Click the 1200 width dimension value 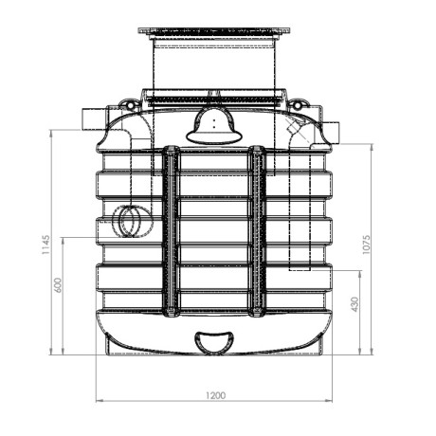click(x=215, y=395)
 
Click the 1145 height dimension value click(x=45, y=245)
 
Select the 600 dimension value click(x=59, y=285)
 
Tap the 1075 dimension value click(x=366, y=245)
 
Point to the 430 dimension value click(x=355, y=304)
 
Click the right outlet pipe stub click(x=331, y=133)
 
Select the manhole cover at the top click(x=214, y=31)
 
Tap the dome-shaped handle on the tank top click(x=214, y=126)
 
